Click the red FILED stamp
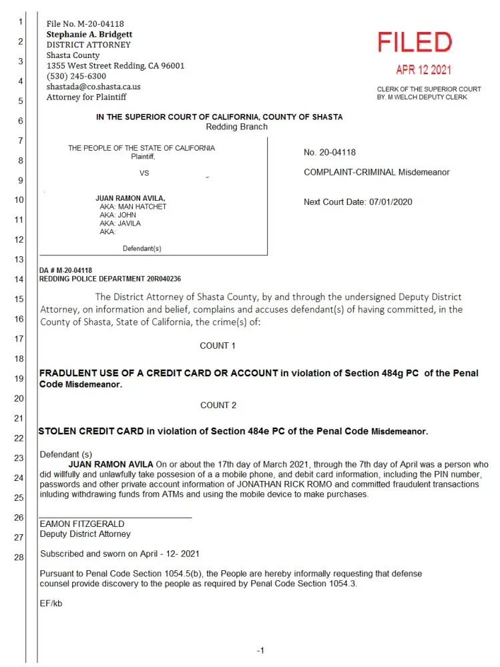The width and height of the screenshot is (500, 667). pyautogui.click(x=415, y=43)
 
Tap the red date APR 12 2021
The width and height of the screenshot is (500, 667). pyautogui.click(x=423, y=70)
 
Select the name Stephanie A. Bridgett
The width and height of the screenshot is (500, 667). pyautogui.click(x=89, y=34)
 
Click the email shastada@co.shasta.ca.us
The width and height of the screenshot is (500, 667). pyautogui.click(x=93, y=87)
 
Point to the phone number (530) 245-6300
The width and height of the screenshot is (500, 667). pyautogui.click(x=76, y=76)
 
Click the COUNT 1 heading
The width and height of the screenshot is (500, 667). pyautogui.click(x=218, y=346)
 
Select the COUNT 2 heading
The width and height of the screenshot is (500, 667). pyautogui.click(x=218, y=406)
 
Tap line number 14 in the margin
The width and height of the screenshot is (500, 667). pyautogui.click(x=20, y=279)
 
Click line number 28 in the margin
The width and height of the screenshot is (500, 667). pyautogui.click(x=20, y=558)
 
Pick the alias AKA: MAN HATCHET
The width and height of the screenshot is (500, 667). pyautogui.click(x=133, y=207)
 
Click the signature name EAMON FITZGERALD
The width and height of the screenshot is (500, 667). pyautogui.click(x=81, y=524)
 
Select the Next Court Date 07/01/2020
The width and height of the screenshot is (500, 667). pyautogui.click(x=358, y=202)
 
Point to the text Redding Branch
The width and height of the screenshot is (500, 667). pyautogui.click(x=236, y=127)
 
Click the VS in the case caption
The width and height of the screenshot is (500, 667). pyautogui.click(x=144, y=173)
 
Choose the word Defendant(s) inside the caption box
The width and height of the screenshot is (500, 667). pyautogui.click(x=142, y=249)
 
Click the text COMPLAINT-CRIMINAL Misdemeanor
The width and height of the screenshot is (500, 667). pyautogui.click(x=377, y=172)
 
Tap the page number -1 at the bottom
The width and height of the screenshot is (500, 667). pyautogui.click(x=261, y=651)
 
